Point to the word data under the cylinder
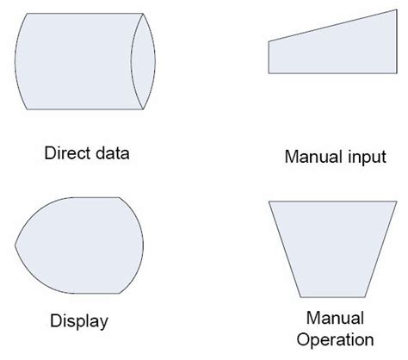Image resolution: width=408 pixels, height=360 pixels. pyautogui.click(x=112, y=155)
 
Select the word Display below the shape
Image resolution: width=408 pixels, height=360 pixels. pyautogui.click(x=78, y=322)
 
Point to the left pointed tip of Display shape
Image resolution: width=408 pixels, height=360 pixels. pyautogui.click(x=15, y=245)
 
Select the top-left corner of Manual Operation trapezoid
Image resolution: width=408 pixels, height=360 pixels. pyautogui.click(x=269, y=202)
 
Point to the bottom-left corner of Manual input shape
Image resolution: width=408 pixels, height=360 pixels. pyautogui.click(x=269, y=75)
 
